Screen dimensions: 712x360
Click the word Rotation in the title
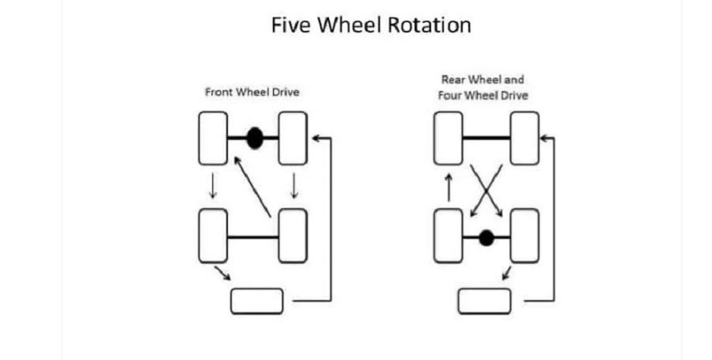(429, 25)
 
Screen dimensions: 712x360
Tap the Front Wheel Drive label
(252, 92)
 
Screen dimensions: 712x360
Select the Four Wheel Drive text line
(483, 96)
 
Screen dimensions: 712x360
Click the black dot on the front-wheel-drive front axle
(255, 138)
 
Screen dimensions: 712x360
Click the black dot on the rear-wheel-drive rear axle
(487, 238)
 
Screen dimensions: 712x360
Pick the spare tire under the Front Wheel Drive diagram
(257, 301)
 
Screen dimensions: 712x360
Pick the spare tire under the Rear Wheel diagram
(484, 301)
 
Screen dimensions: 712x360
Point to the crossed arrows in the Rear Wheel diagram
(487, 191)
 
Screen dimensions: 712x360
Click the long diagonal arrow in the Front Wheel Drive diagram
(252, 187)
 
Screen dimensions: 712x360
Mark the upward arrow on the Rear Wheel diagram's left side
(449, 187)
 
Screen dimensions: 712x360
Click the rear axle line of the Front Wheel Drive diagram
(253, 237)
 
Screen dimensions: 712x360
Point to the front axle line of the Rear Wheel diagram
(487, 137)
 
